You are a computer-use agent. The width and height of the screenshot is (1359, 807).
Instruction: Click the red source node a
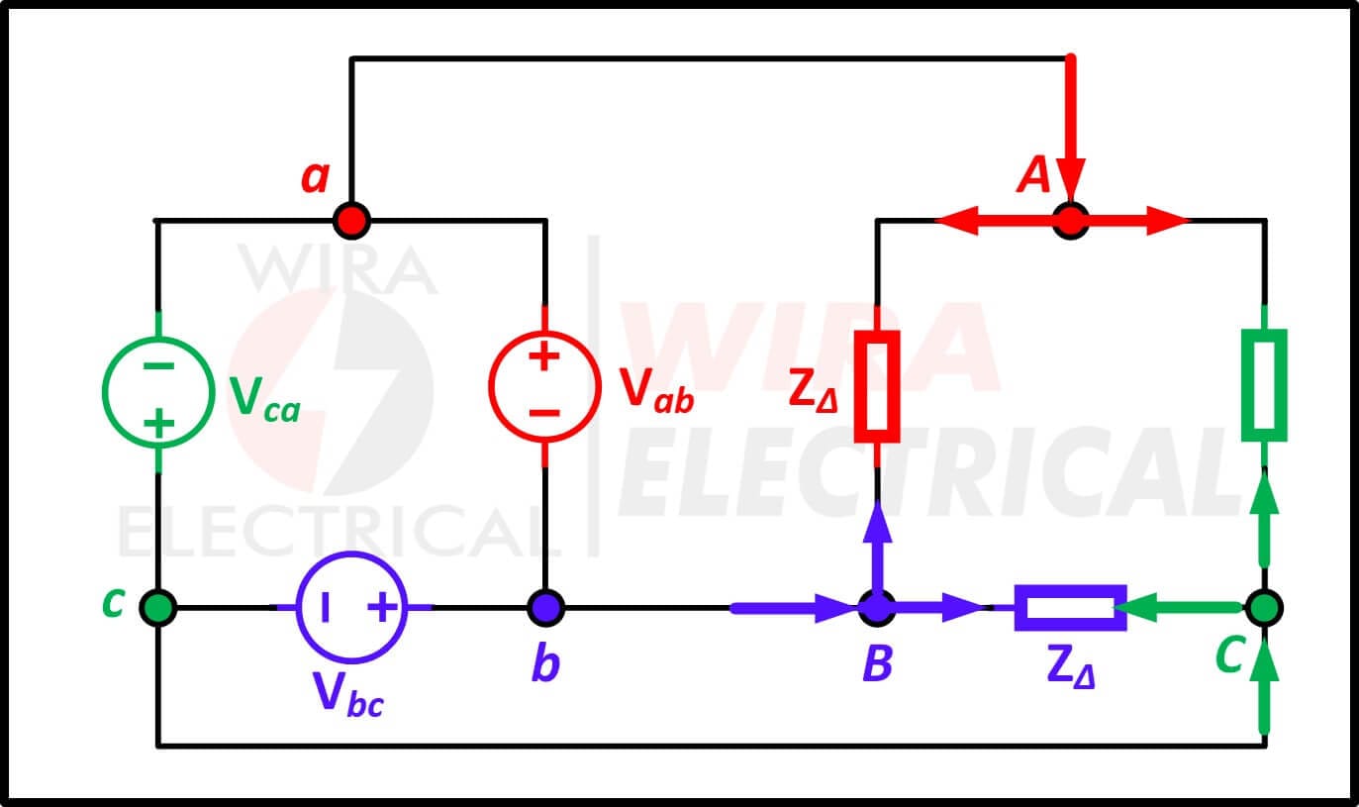click(x=351, y=221)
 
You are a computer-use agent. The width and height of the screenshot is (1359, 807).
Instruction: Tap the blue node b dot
click(x=545, y=607)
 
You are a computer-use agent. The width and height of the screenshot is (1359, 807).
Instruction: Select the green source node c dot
click(x=157, y=607)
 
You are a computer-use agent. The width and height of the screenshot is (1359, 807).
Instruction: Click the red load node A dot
click(x=1071, y=221)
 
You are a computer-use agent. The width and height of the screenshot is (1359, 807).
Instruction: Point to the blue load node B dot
click(x=877, y=607)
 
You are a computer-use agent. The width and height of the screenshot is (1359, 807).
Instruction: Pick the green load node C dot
click(x=1264, y=607)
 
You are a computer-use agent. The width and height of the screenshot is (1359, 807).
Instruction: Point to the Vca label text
click(x=264, y=399)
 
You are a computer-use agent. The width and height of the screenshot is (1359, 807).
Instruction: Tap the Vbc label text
click(x=348, y=695)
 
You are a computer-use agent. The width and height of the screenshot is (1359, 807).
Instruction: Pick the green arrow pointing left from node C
click(x=1177, y=607)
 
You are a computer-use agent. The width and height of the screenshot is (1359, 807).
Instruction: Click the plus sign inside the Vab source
click(x=544, y=356)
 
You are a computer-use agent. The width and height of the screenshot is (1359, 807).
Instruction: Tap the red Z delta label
click(x=814, y=392)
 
